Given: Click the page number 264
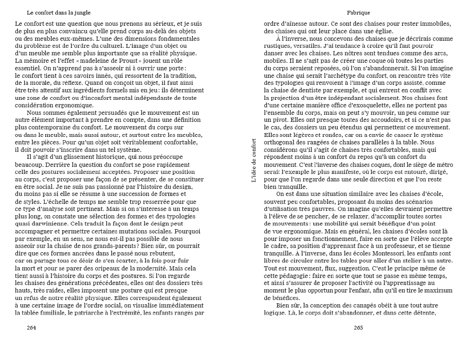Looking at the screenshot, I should (31, 328).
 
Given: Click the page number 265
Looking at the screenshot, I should (358, 328).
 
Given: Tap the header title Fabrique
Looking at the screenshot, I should (359, 12).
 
